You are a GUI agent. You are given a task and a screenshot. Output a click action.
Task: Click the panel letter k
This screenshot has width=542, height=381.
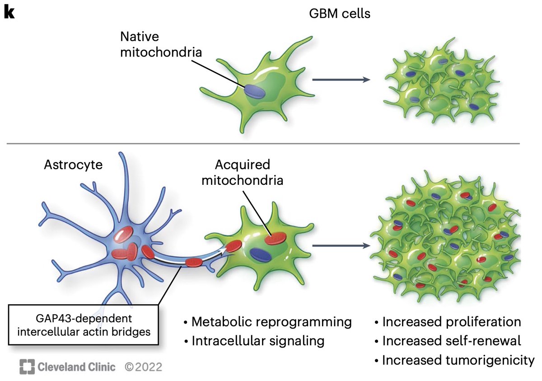(x=9, y=13)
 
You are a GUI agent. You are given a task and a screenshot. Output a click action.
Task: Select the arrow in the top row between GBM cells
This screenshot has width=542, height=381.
(x=341, y=80)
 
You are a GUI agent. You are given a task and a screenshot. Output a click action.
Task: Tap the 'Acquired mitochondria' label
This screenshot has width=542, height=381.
(x=243, y=172)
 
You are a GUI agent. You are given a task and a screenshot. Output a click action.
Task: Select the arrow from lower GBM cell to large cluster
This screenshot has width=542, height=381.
(x=341, y=246)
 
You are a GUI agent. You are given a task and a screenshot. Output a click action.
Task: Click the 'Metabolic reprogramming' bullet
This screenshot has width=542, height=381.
(x=268, y=322)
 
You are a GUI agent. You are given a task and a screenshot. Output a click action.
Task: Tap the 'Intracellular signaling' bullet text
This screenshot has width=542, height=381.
(x=254, y=341)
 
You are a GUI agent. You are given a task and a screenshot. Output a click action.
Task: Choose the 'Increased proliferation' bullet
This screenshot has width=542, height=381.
(x=448, y=322)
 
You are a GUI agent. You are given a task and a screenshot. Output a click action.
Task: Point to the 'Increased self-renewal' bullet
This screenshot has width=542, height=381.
(x=447, y=341)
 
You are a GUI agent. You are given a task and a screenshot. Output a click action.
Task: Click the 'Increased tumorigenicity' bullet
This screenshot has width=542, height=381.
(x=454, y=360)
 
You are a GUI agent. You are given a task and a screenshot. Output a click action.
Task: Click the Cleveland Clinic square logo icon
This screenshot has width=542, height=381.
(x=27, y=367)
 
